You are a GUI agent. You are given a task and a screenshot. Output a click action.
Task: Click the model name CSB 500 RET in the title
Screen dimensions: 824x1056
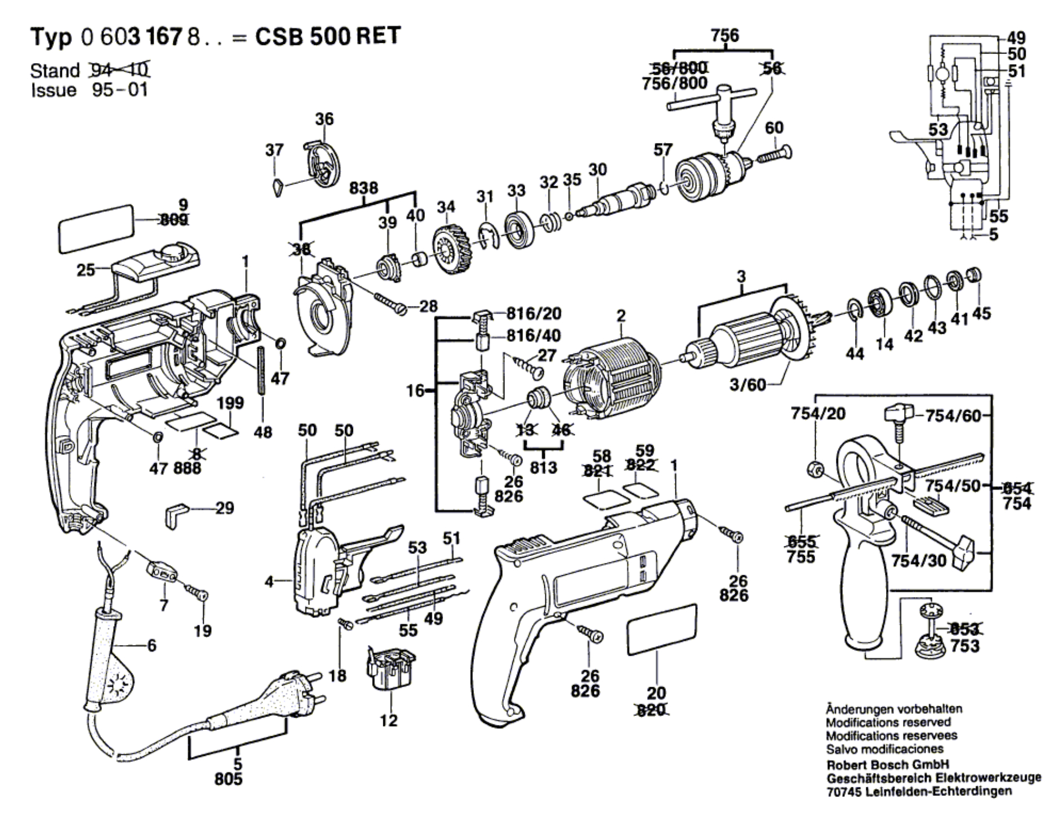[328, 37]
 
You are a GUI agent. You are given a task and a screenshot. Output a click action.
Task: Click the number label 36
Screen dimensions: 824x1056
[324, 119]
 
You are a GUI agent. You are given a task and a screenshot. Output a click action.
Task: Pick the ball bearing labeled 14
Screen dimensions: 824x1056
[879, 304]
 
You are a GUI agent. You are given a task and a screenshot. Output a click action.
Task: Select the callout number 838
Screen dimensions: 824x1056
[364, 187]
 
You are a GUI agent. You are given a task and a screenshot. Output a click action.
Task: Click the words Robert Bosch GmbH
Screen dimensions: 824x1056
[887, 765]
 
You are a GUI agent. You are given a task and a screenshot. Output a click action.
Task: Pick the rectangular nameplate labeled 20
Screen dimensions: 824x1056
[662, 630]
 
